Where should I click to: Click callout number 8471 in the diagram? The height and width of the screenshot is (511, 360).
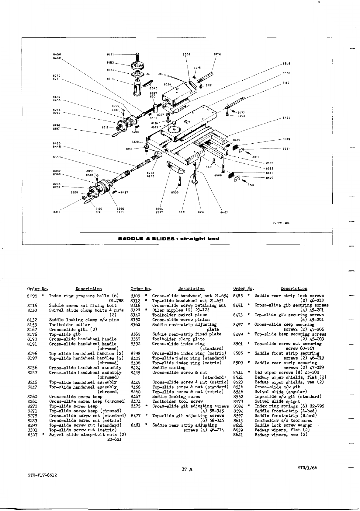click(x=110, y=54)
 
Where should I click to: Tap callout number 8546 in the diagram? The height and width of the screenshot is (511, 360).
click(x=286, y=64)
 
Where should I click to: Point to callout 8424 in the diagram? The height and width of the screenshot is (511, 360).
click(x=286, y=118)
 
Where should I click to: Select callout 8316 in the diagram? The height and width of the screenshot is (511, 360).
click(x=57, y=212)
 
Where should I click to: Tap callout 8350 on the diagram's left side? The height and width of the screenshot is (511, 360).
click(x=57, y=157)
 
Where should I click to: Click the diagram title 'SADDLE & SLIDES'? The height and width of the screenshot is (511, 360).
click(x=168, y=239)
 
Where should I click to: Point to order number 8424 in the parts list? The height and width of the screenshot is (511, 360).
click(x=135, y=368)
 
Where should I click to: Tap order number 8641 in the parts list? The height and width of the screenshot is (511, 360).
click(x=237, y=435)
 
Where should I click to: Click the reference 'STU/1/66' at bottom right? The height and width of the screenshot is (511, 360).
click(x=308, y=468)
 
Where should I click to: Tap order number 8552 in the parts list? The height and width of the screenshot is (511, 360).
click(x=237, y=397)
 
